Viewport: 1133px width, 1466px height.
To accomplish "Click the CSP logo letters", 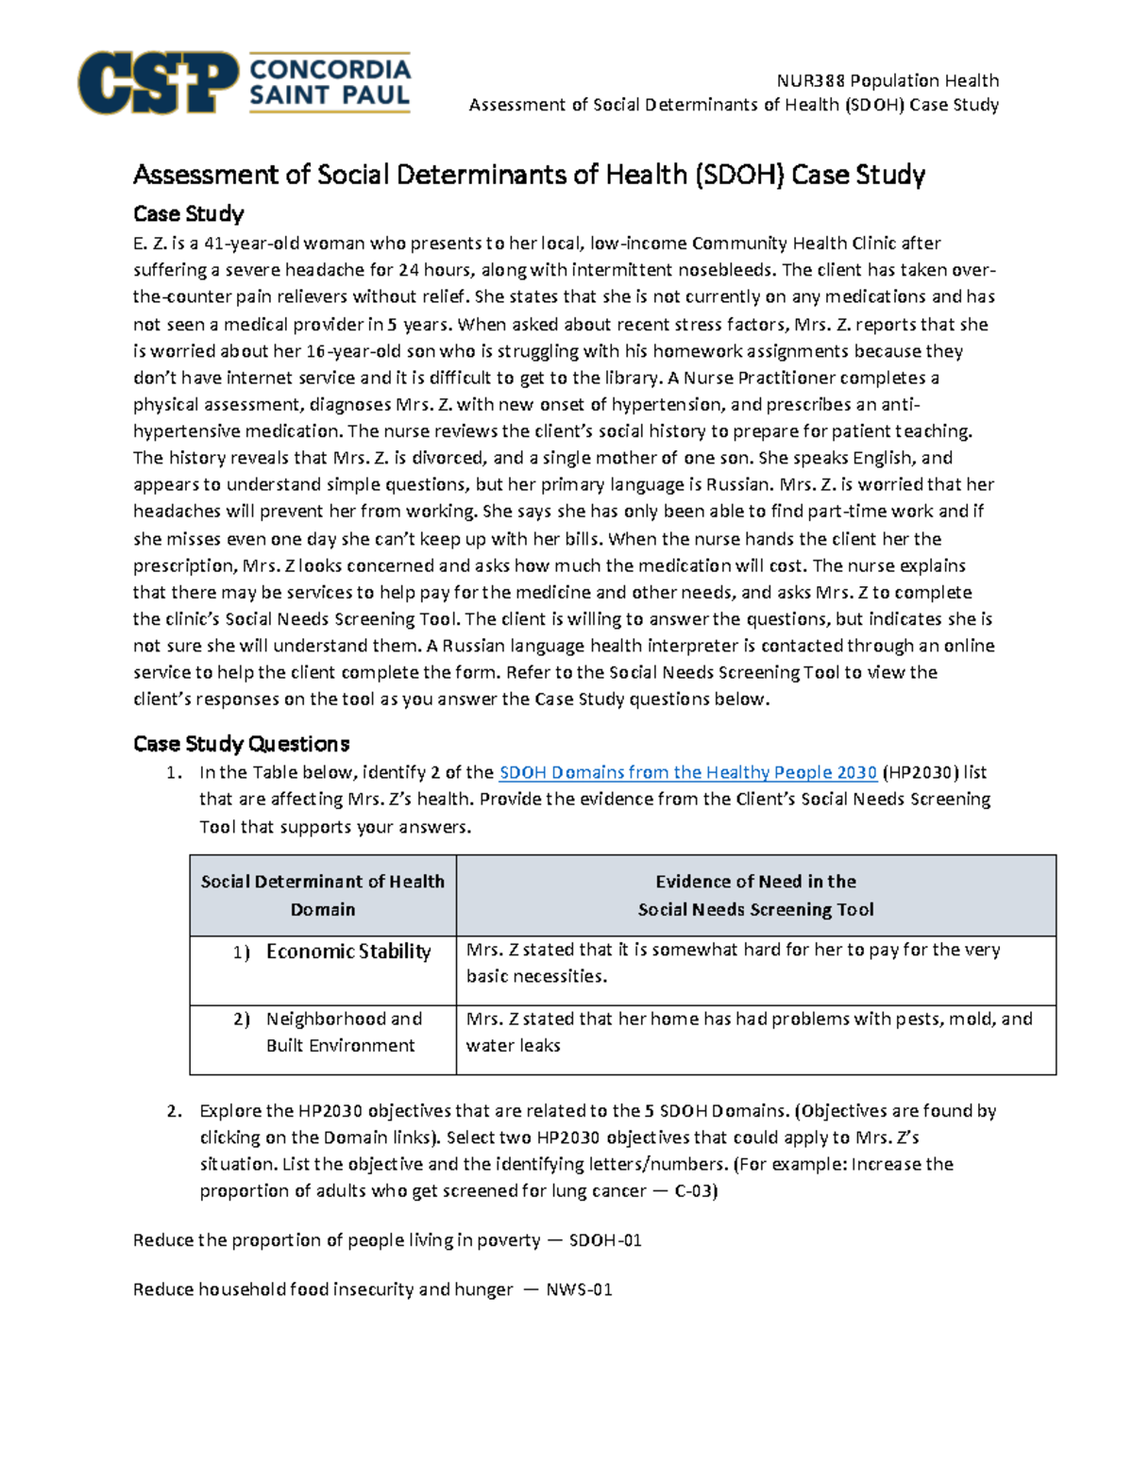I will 157,83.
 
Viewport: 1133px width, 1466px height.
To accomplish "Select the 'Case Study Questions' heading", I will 241,744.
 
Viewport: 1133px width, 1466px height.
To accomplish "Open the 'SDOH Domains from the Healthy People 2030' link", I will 687,772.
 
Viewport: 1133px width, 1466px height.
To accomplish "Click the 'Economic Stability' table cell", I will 348,952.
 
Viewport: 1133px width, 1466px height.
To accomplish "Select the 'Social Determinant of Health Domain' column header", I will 322,895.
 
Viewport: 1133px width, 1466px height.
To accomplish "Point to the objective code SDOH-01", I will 605,1240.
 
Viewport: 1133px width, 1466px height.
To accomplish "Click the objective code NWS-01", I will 579,1289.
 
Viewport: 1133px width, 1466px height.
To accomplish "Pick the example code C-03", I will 696,1191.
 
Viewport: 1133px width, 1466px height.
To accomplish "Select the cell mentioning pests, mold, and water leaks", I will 750,1032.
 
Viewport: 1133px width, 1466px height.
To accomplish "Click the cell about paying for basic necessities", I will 734,963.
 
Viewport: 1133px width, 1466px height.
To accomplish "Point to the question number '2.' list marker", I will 174,1111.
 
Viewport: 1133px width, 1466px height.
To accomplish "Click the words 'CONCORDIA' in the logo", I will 330,70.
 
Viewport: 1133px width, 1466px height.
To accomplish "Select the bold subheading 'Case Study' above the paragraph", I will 188,213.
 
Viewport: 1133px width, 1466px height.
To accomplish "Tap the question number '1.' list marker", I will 174,772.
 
